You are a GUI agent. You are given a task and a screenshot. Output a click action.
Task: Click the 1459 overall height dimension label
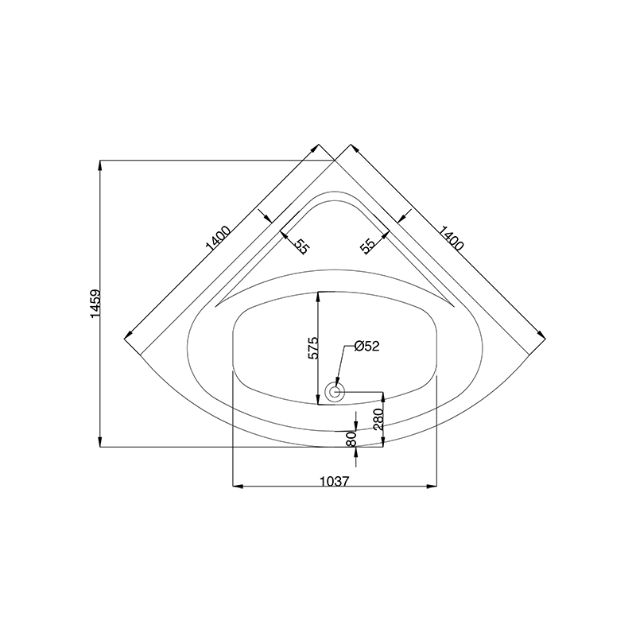(x=95, y=304)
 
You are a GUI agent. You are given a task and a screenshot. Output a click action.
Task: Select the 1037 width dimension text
(x=335, y=482)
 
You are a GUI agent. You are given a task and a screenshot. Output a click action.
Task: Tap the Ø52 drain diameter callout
(x=366, y=346)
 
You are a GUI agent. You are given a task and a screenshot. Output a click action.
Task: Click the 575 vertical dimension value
(x=314, y=347)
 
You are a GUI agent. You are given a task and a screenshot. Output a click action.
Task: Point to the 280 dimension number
(x=378, y=419)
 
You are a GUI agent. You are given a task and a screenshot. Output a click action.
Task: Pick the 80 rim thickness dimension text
(x=351, y=439)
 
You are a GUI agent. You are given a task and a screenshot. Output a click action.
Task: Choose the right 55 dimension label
(x=367, y=246)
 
